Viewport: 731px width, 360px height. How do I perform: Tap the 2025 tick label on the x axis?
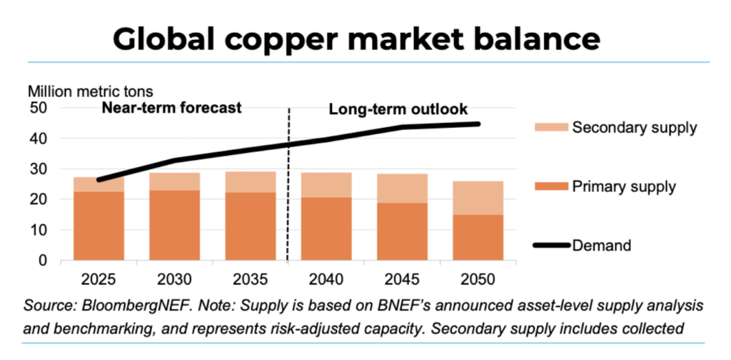click(x=99, y=278)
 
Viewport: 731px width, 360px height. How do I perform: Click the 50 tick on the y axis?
click(x=36, y=109)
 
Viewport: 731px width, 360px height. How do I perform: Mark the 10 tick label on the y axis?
click(x=36, y=231)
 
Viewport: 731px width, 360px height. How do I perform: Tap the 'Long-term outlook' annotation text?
click(x=398, y=110)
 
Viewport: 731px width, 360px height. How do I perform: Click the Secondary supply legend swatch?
click(x=552, y=129)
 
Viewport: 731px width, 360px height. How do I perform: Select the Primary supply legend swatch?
click(x=552, y=186)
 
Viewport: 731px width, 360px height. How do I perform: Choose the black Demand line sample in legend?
click(x=552, y=245)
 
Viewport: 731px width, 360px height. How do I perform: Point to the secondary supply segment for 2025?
click(x=99, y=185)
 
